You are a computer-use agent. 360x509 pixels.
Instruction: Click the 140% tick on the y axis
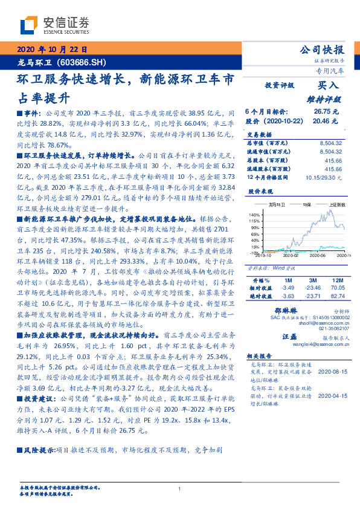click(x=254, y=215)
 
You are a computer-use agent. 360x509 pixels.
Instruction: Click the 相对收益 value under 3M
click(x=312, y=289)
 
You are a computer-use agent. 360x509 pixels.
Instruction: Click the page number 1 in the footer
click(x=180, y=488)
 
